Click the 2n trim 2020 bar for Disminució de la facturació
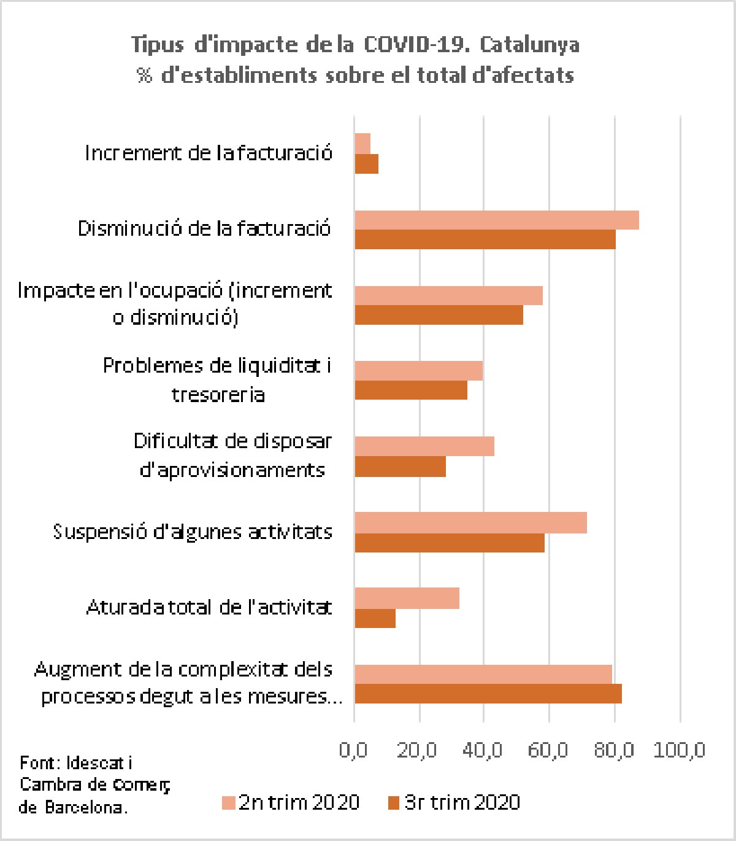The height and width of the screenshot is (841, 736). click(x=497, y=220)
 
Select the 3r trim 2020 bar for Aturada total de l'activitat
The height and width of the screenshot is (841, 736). click(x=375, y=618)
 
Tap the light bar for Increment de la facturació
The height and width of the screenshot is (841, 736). click(x=362, y=144)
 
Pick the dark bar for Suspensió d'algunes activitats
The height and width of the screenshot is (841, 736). click(x=450, y=543)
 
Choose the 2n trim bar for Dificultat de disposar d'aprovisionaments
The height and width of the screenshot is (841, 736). click(x=424, y=446)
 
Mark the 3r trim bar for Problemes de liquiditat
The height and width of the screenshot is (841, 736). click(x=411, y=390)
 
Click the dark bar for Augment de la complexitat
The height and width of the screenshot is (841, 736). click(x=488, y=694)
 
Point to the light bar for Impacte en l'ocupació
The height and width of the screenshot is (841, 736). click(x=448, y=295)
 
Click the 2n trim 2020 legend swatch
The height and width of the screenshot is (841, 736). click(x=229, y=803)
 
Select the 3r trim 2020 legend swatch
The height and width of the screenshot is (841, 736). click(x=394, y=803)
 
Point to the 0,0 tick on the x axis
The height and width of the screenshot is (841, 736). click(x=353, y=750)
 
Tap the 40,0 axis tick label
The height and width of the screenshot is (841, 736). click(x=483, y=750)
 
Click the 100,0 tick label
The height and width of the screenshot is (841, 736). click(x=679, y=750)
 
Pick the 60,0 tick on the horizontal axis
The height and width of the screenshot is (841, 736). click(x=549, y=750)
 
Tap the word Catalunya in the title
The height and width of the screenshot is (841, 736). click(x=529, y=44)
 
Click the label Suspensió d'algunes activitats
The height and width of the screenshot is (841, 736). click(x=193, y=532)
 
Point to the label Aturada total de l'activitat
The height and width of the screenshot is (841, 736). click(x=209, y=608)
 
